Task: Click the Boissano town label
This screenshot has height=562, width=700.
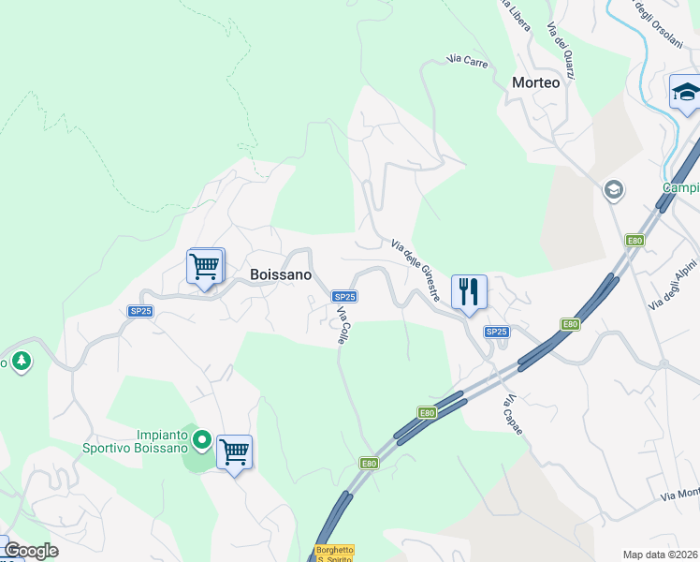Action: click(x=281, y=274)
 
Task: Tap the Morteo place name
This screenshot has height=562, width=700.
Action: click(x=535, y=82)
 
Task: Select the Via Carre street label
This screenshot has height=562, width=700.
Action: click(x=468, y=60)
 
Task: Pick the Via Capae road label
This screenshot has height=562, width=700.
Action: click(x=511, y=414)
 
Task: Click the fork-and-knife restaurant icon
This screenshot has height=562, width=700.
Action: click(x=469, y=291)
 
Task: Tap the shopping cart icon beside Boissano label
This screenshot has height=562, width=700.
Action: click(x=206, y=266)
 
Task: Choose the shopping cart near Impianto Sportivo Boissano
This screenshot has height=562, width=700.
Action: click(x=234, y=452)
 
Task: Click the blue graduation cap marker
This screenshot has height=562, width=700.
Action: click(x=686, y=93)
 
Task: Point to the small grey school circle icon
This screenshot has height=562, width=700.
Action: click(x=614, y=190)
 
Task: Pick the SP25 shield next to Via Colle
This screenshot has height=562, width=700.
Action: click(x=343, y=296)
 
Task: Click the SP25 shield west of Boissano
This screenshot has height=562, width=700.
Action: click(x=140, y=311)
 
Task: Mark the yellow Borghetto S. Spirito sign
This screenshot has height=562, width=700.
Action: click(x=334, y=554)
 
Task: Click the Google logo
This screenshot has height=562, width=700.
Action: click(x=30, y=551)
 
